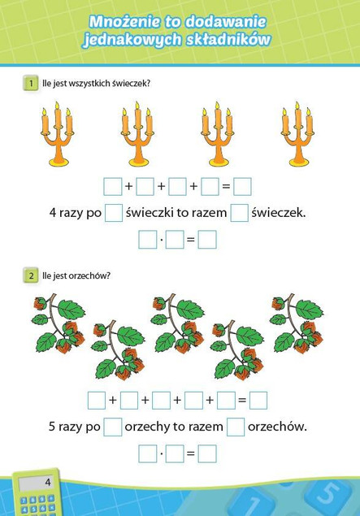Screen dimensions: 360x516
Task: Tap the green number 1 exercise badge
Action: pos(31,83)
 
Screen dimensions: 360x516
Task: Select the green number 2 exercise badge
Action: pos(31,275)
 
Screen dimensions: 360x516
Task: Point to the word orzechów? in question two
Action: pos(93,275)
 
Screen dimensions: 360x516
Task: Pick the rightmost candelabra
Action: pos(297,133)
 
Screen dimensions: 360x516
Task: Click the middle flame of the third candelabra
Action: pos(218,106)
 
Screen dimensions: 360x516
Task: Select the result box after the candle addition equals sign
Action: pos(242,186)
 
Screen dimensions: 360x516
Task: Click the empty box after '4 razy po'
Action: pos(114,213)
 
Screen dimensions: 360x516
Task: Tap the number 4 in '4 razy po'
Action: pos(53,213)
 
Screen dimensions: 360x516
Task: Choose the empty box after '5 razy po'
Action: pos(112,427)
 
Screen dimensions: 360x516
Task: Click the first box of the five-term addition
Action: pos(97,400)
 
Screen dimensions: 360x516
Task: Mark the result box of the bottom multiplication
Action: pos(207,453)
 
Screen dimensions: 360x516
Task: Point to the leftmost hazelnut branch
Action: pos(59,323)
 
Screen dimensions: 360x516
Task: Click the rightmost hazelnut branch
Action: pos(297,323)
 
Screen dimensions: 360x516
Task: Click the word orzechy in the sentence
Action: pos(147,427)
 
